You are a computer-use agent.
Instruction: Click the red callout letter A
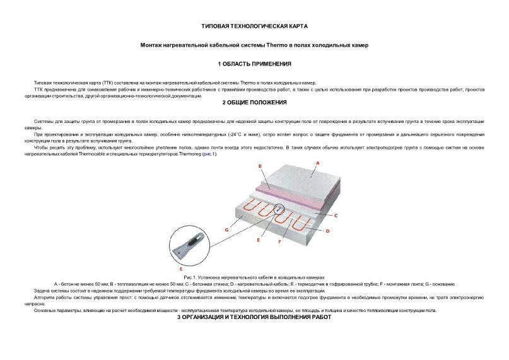pos(317,163)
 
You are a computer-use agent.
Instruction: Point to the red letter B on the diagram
pos(260,166)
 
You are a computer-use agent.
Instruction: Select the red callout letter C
pos(336,216)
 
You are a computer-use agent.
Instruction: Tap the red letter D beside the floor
pos(327,231)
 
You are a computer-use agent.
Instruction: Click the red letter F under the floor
pos(279,241)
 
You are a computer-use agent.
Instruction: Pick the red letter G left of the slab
pos(226,230)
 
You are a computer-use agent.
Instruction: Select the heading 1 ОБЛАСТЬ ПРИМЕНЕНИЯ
pos(254,64)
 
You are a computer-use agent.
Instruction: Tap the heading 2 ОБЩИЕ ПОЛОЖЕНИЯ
pos(254,103)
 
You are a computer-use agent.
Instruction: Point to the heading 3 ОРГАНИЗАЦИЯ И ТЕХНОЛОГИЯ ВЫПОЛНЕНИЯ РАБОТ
pos(254,317)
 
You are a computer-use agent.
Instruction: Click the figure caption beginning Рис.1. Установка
pos(254,277)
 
